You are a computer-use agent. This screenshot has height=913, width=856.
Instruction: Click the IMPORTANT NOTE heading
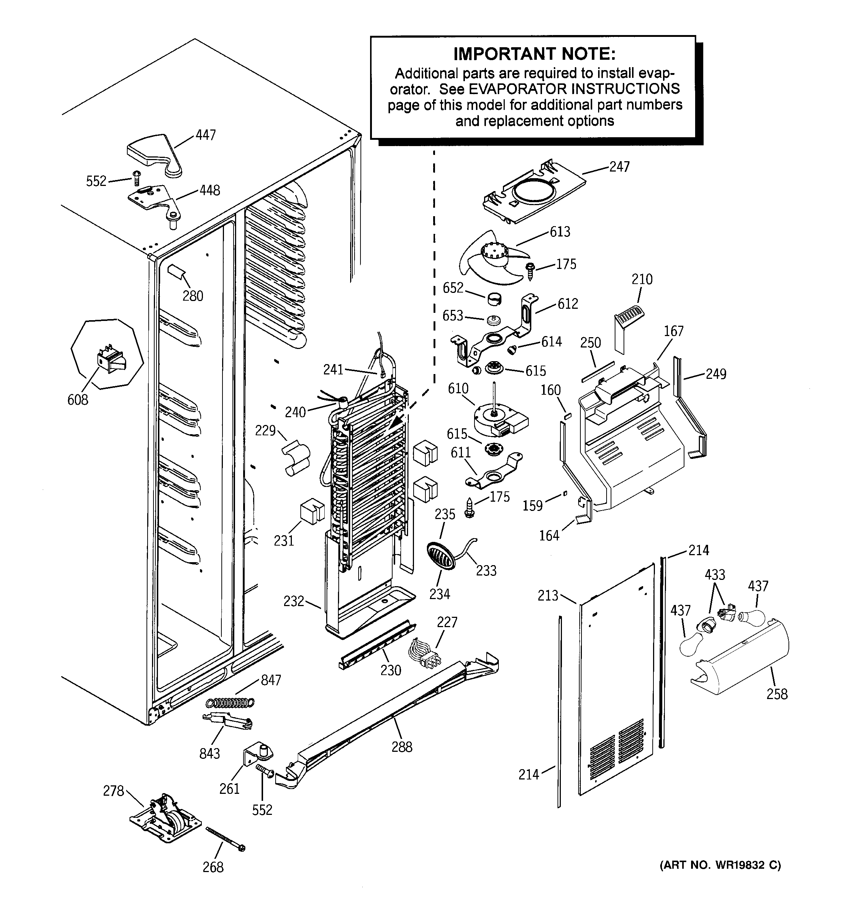click(534, 54)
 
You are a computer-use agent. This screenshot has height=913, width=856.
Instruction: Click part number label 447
click(206, 135)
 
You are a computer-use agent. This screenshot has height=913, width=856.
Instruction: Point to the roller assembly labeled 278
click(165, 822)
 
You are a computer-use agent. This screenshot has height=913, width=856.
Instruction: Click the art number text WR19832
click(738, 865)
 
